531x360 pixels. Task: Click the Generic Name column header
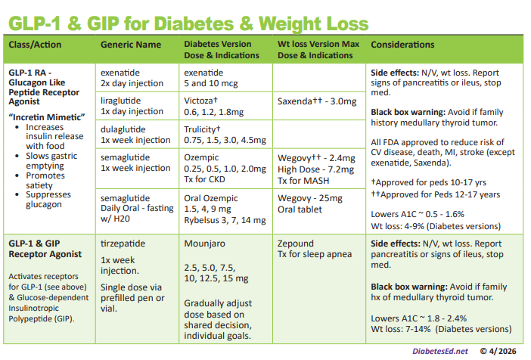tap(130, 45)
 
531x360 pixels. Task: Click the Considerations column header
tap(402, 45)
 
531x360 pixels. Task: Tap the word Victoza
tap(202, 100)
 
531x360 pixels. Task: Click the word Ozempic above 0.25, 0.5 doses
tap(202, 157)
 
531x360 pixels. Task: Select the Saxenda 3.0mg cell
tap(316, 101)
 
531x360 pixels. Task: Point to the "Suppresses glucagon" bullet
tap(52, 199)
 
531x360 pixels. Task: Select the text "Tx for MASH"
tap(301, 181)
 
